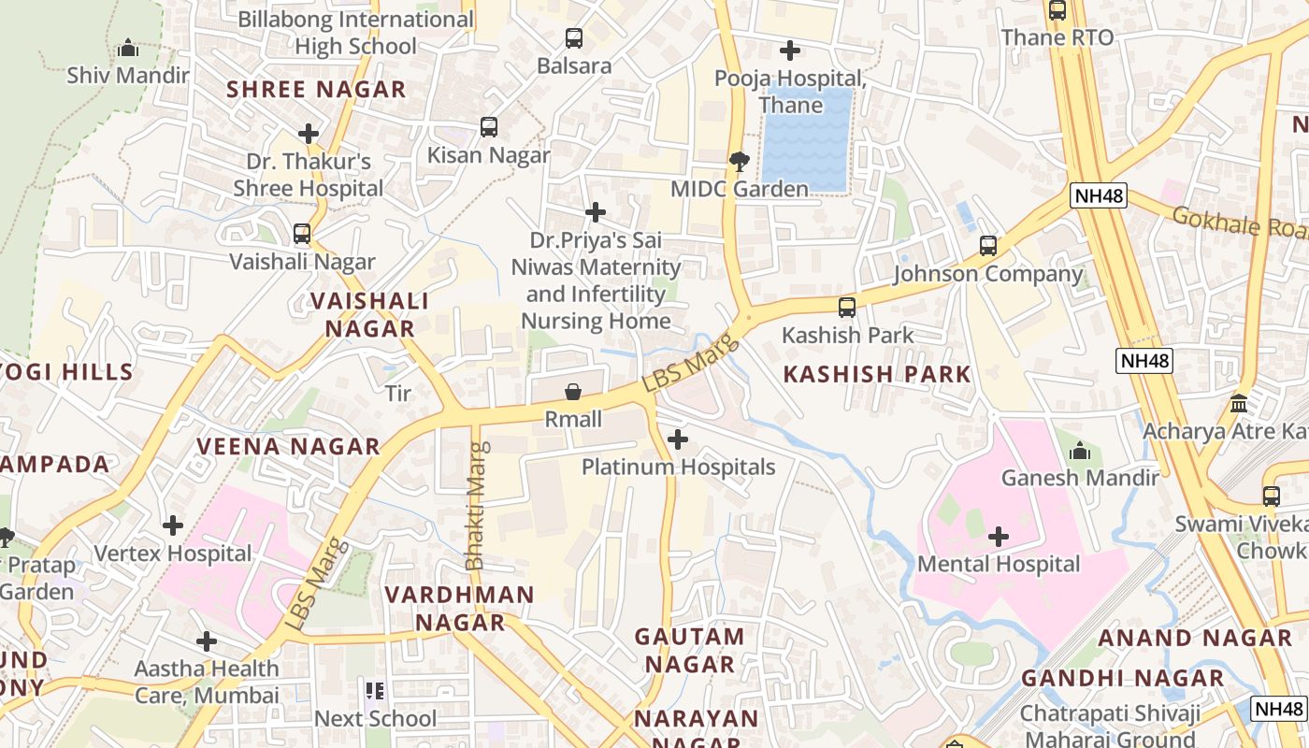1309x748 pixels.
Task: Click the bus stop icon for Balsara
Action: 574,38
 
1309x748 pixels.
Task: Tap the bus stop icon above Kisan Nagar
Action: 488,127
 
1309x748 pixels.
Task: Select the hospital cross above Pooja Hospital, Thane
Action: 790,50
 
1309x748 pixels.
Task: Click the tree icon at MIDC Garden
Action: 739,161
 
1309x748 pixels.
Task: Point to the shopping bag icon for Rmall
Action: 572,391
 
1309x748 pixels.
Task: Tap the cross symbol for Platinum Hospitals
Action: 678,439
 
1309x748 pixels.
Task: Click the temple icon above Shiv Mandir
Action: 128,48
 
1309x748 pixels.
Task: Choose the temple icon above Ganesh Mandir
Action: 1080,451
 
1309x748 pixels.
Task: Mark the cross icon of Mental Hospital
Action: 999,537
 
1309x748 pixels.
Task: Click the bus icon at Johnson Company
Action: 988,246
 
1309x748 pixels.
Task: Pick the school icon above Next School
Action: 375,691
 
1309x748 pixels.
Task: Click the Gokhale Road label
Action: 1239,223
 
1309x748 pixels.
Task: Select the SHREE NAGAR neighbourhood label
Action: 316,90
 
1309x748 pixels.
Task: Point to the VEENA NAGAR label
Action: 288,446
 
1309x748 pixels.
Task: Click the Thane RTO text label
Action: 1057,37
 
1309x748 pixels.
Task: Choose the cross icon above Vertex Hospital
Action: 173,525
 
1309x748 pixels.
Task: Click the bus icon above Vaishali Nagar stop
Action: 301,234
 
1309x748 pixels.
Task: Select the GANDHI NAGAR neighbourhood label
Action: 1122,678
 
